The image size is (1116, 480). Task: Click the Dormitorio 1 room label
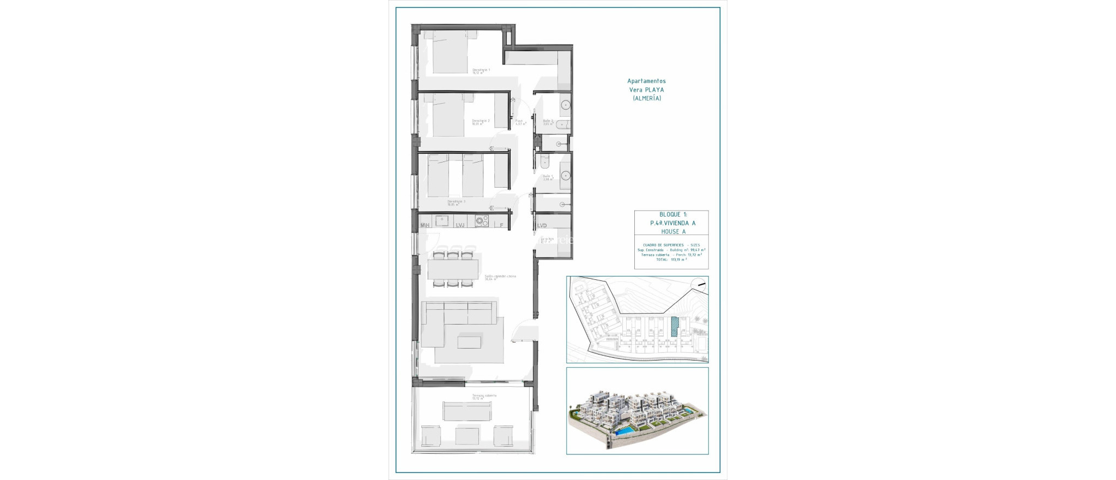(481, 70)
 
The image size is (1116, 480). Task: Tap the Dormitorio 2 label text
(481, 121)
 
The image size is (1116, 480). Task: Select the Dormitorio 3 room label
(457, 201)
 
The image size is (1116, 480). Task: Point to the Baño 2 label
(548, 121)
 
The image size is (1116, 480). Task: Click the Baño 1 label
(548, 176)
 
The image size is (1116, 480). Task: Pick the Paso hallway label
(519, 121)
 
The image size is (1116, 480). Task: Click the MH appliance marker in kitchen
(425, 225)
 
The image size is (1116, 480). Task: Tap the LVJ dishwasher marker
(460, 225)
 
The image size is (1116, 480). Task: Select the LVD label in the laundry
(542, 225)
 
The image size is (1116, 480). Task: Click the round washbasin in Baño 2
(566, 104)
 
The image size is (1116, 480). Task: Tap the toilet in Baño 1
(545, 162)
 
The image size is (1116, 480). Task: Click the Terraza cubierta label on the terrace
(484, 395)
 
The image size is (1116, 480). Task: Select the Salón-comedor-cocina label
(500, 276)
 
